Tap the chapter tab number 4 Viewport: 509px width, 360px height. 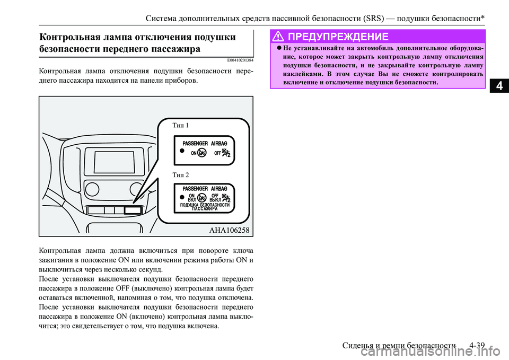(498, 85)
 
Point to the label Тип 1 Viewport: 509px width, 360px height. (180, 126)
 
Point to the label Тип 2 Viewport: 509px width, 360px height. (180, 174)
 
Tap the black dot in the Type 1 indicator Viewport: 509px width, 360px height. (181, 151)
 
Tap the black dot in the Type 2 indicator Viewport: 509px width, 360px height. (181, 197)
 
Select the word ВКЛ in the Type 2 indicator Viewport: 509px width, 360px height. (193, 199)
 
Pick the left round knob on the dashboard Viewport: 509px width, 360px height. (92, 189)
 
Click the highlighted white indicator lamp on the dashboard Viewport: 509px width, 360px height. (133, 210)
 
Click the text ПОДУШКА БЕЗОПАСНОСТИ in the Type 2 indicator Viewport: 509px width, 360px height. (205, 205)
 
